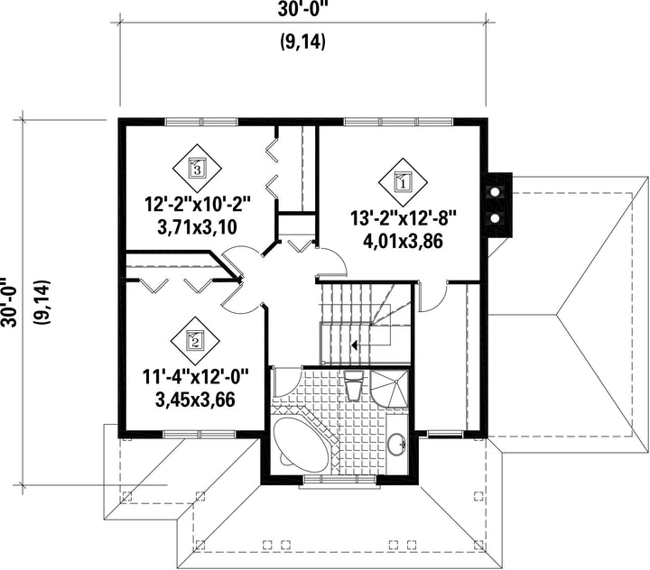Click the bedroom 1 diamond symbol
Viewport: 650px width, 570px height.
click(x=403, y=182)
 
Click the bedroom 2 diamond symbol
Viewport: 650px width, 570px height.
click(x=195, y=341)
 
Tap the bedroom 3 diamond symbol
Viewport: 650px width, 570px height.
click(x=197, y=168)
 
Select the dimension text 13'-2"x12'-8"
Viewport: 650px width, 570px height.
click(x=404, y=219)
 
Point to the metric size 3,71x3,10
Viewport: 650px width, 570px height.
click(x=198, y=227)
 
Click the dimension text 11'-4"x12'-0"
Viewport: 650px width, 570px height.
click(x=195, y=377)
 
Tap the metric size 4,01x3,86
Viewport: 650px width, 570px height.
click(x=403, y=242)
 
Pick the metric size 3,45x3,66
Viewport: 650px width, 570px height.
click(x=195, y=400)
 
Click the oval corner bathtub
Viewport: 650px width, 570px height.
click(x=301, y=445)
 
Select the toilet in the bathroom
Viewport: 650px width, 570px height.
click(x=354, y=385)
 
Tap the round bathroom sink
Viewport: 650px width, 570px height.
click(x=397, y=445)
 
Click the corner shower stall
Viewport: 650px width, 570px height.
click(x=389, y=390)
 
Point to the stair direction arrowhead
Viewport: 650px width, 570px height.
click(x=354, y=345)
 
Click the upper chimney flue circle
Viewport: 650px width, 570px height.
click(x=495, y=192)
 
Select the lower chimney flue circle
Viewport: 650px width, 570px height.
click(x=495, y=218)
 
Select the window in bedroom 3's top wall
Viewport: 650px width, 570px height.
click(x=201, y=122)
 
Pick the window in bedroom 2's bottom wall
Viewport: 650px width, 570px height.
click(x=200, y=434)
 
